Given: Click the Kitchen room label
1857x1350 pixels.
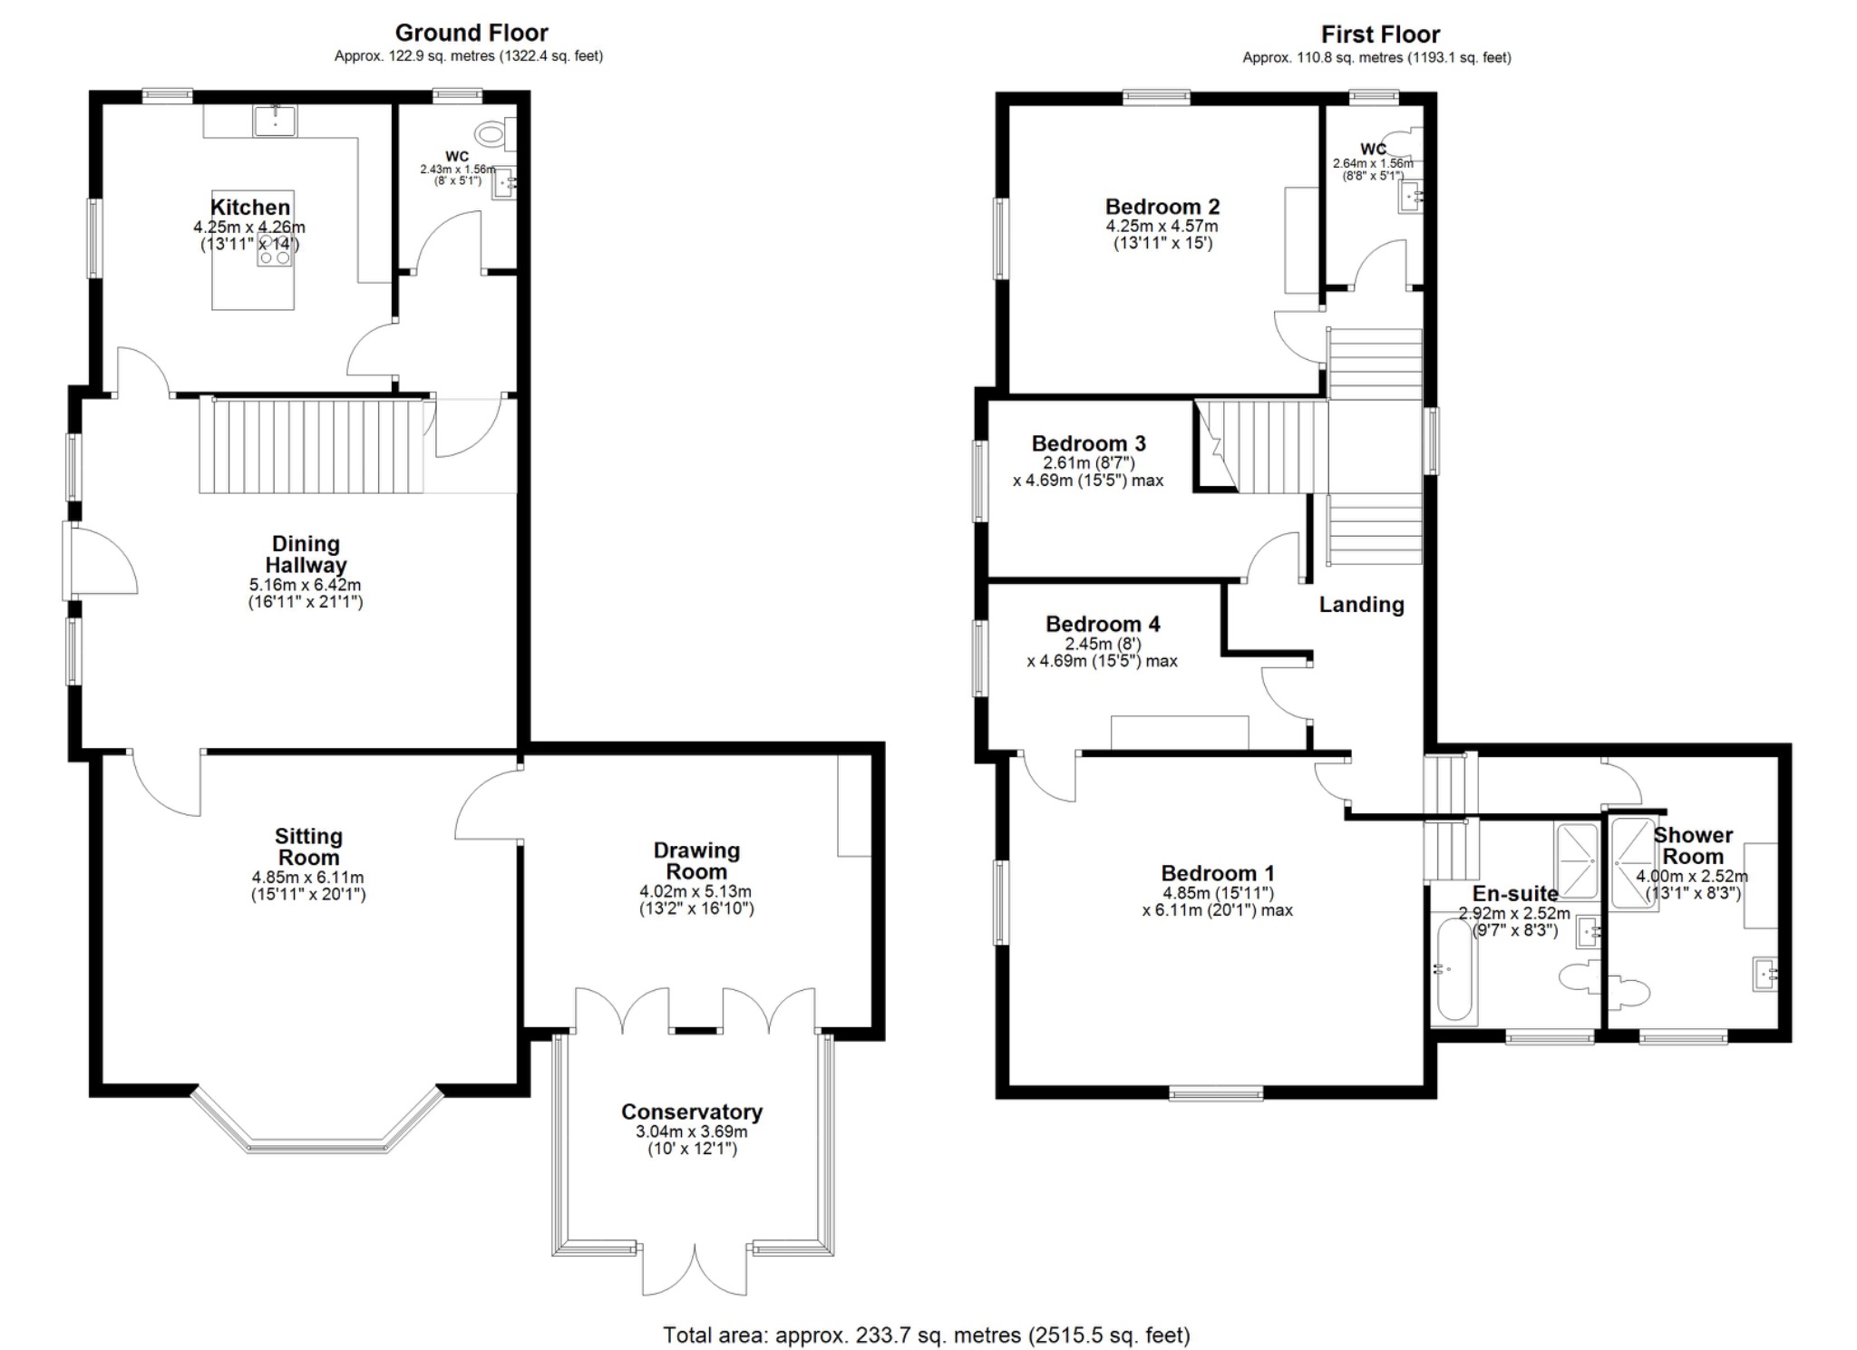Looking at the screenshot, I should (x=250, y=207).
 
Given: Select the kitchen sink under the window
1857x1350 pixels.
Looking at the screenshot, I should (x=275, y=120).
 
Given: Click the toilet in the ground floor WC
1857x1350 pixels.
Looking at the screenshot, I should (x=491, y=135).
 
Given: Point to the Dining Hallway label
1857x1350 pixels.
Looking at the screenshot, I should (x=306, y=554).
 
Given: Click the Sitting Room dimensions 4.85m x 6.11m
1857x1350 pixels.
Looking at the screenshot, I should (x=308, y=878).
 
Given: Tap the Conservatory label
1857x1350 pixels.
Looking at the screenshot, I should (x=692, y=1112).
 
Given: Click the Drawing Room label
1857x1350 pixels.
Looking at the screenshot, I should (x=696, y=860).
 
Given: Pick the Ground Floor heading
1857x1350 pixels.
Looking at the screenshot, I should (x=472, y=34).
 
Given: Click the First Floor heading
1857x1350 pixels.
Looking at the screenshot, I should (x=1380, y=35).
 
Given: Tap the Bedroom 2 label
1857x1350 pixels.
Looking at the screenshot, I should (x=1162, y=207).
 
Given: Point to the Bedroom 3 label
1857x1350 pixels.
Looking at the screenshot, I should (x=1088, y=443).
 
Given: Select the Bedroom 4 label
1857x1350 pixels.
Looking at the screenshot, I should (x=1103, y=624).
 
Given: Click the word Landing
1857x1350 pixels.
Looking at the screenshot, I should (x=1361, y=605).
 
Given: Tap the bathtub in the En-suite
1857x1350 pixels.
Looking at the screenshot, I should (x=1454, y=970).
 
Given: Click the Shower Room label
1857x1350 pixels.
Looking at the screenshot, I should (x=1693, y=845).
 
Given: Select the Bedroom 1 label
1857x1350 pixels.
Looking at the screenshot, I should (x=1218, y=873).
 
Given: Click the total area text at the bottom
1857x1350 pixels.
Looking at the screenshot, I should (x=926, y=1335).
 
